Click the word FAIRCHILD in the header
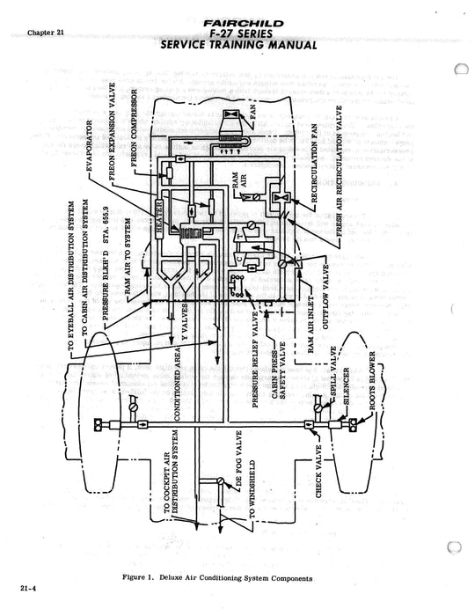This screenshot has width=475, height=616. (240, 13)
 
